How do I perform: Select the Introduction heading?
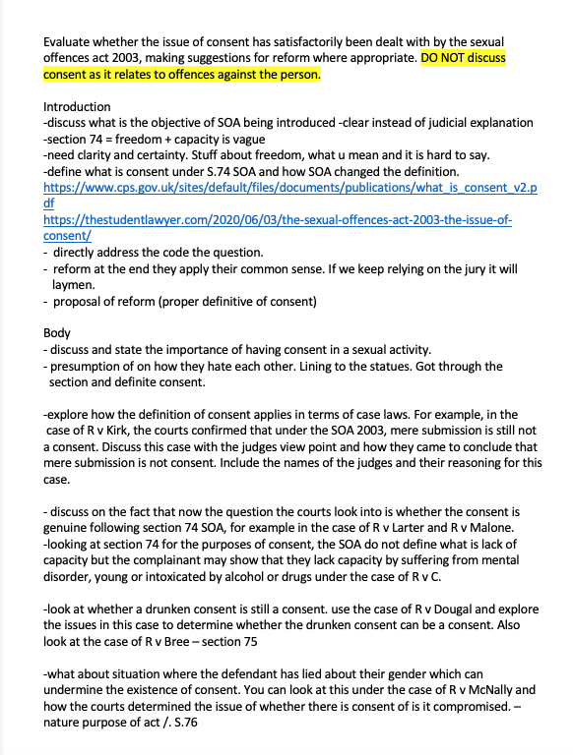pyautogui.click(x=78, y=106)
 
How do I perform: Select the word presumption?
pyautogui.click(x=87, y=366)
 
